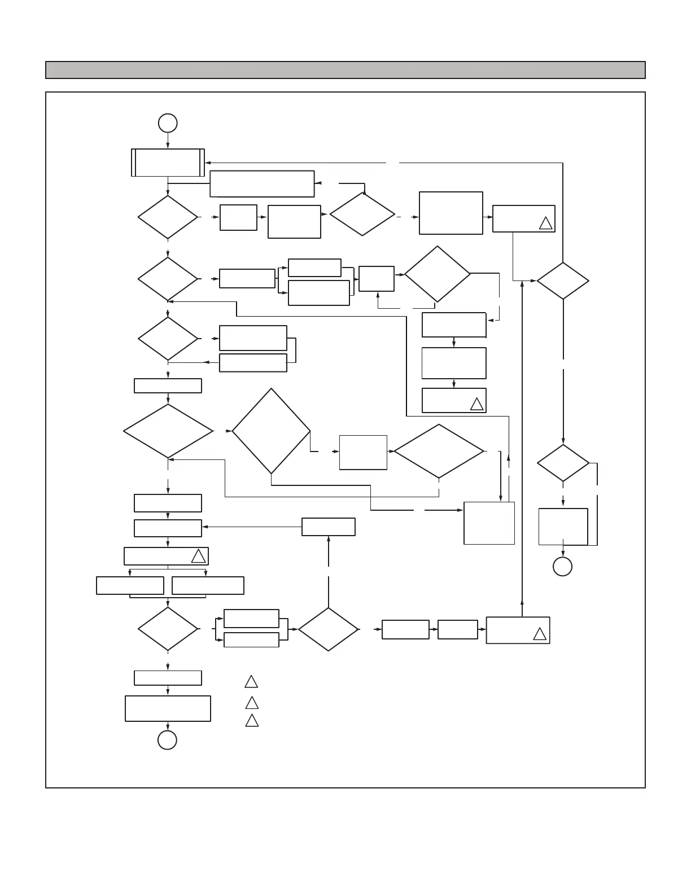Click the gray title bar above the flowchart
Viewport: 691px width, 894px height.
pyautogui.click(x=345, y=70)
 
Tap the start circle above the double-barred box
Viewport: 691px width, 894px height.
pyautogui.click(x=168, y=122)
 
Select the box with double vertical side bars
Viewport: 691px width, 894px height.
pyautogui.click(x=168, y=163)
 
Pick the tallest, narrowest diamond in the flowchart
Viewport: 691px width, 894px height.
pyautogui.click(x=271, y=431)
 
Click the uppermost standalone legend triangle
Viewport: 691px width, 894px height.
pyautogui.click(x=251, y=682)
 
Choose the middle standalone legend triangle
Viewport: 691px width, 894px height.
pyautogui.click(x=252, y=703)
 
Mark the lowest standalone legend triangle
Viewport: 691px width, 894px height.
pyautogui.click(x=252, y=721)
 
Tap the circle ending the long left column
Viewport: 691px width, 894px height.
pyautogui.click(x=167, y=740)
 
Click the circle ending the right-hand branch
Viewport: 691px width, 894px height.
pyautogui.click(x=562, y=566)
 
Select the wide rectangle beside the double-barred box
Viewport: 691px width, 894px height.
pyautogui.click(x=262, y=184)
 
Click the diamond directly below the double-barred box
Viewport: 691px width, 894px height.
pyautogui.click(x=168, y=217)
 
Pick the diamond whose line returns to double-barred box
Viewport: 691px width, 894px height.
pyautogui.click(x=563, y=281)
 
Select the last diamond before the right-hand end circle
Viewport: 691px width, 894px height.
pyautogui.click(x=563, y=463)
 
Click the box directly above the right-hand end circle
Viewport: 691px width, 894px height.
pyautogui.click(x=563, y=527)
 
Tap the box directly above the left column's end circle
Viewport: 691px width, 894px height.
pyautogui.click(x=168, y=708)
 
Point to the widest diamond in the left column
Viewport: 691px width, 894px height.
pyautogui.click(x=168, y=431)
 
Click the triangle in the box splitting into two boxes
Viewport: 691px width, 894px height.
pyautogui.click(x=198, y=556)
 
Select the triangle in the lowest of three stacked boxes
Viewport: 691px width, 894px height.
pyautogui.click(x=476, y=404)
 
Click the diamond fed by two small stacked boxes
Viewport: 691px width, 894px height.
pyautogui.click(x=328, y=629)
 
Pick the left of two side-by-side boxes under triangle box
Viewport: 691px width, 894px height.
pyautogui.click(x=130, y=585)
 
